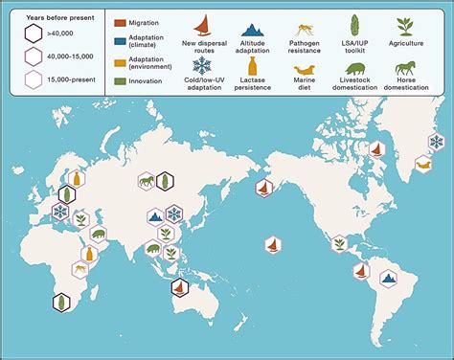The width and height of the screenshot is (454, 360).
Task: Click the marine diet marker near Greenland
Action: [x=422, y=164]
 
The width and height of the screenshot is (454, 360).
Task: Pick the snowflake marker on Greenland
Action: [x=436, y=142]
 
